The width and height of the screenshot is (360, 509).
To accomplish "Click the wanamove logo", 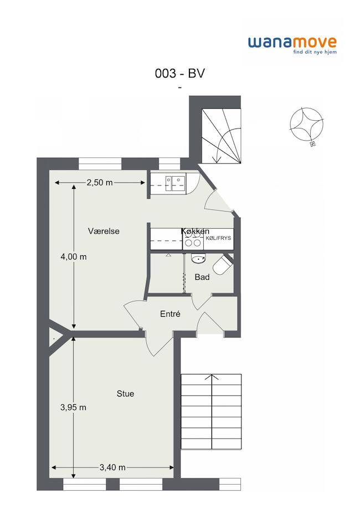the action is (x=292, y=45).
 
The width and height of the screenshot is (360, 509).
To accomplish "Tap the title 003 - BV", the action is (x=180, y=73).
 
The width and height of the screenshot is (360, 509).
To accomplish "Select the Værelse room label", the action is (x=104, y=231).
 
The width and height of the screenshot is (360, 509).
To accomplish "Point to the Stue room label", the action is (x=125, y=394).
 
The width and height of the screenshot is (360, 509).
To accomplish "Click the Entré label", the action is (x=170, y=314).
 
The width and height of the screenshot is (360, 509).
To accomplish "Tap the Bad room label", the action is (x=202, y=277).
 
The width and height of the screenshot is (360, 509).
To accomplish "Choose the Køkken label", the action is (x=195, y=231).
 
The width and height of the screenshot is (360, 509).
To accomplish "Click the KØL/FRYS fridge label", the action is (x=218, y=238).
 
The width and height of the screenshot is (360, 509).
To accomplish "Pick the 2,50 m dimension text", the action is (x=100, y=183).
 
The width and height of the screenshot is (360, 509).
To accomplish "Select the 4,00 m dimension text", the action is (x=74, y=257).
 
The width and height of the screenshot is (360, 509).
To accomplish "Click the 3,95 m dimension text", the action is (x=73, y=407).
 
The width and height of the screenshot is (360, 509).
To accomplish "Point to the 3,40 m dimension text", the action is (x=112, y=467).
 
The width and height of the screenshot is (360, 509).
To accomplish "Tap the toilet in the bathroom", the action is (x=223, y=265).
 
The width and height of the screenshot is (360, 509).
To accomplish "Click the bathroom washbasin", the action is (x=198, y=258).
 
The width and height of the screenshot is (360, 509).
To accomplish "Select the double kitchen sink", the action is (x=176, y=183).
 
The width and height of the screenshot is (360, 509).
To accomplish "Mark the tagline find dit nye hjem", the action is (x=315, y=52).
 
